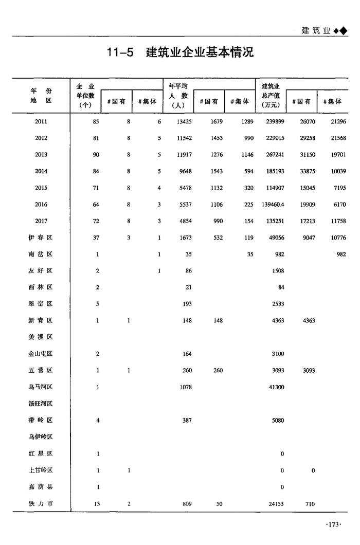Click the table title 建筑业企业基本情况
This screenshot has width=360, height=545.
(200, 52)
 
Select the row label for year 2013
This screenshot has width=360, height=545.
(41, 155)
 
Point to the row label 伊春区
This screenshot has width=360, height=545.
(41, 238)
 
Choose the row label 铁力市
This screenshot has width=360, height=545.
(41, 504)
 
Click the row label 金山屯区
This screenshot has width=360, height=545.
(41, 354)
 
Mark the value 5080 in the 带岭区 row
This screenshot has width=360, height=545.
(277, 421)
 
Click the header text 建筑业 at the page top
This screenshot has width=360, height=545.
(315, 30)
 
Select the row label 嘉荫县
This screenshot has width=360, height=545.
(41, 487)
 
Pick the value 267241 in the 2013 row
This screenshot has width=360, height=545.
(273, 155)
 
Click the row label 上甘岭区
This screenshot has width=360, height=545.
(41, 470)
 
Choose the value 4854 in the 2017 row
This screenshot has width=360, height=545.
(185, 221)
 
